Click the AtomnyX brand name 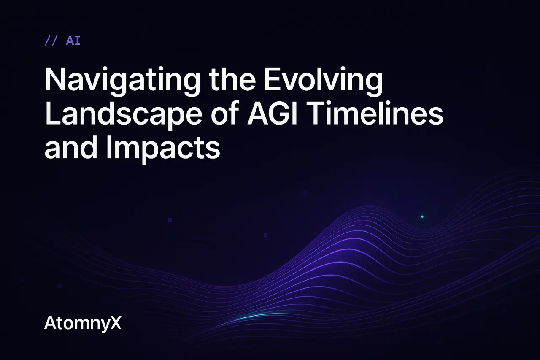coord(83,324)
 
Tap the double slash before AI coord(51,41)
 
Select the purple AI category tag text coord(73,41)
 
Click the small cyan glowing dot coord(422,217)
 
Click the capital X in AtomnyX coord(115,324)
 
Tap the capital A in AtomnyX coord(50,324)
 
